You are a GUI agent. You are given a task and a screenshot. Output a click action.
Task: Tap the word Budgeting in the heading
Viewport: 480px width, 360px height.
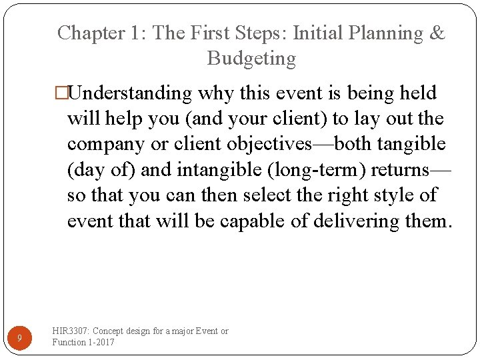point(251,59)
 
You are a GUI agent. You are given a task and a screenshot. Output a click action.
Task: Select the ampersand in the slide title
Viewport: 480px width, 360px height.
point(437,33)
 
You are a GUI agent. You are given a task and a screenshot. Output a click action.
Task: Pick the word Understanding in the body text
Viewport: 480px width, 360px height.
point(131,93)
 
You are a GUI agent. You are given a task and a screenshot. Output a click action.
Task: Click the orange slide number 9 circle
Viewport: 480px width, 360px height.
point(19,338)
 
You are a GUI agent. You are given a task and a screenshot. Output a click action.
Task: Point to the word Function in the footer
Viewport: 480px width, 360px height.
point(69,342)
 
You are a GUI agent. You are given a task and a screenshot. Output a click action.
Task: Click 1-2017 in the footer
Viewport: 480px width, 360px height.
point(101,342)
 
